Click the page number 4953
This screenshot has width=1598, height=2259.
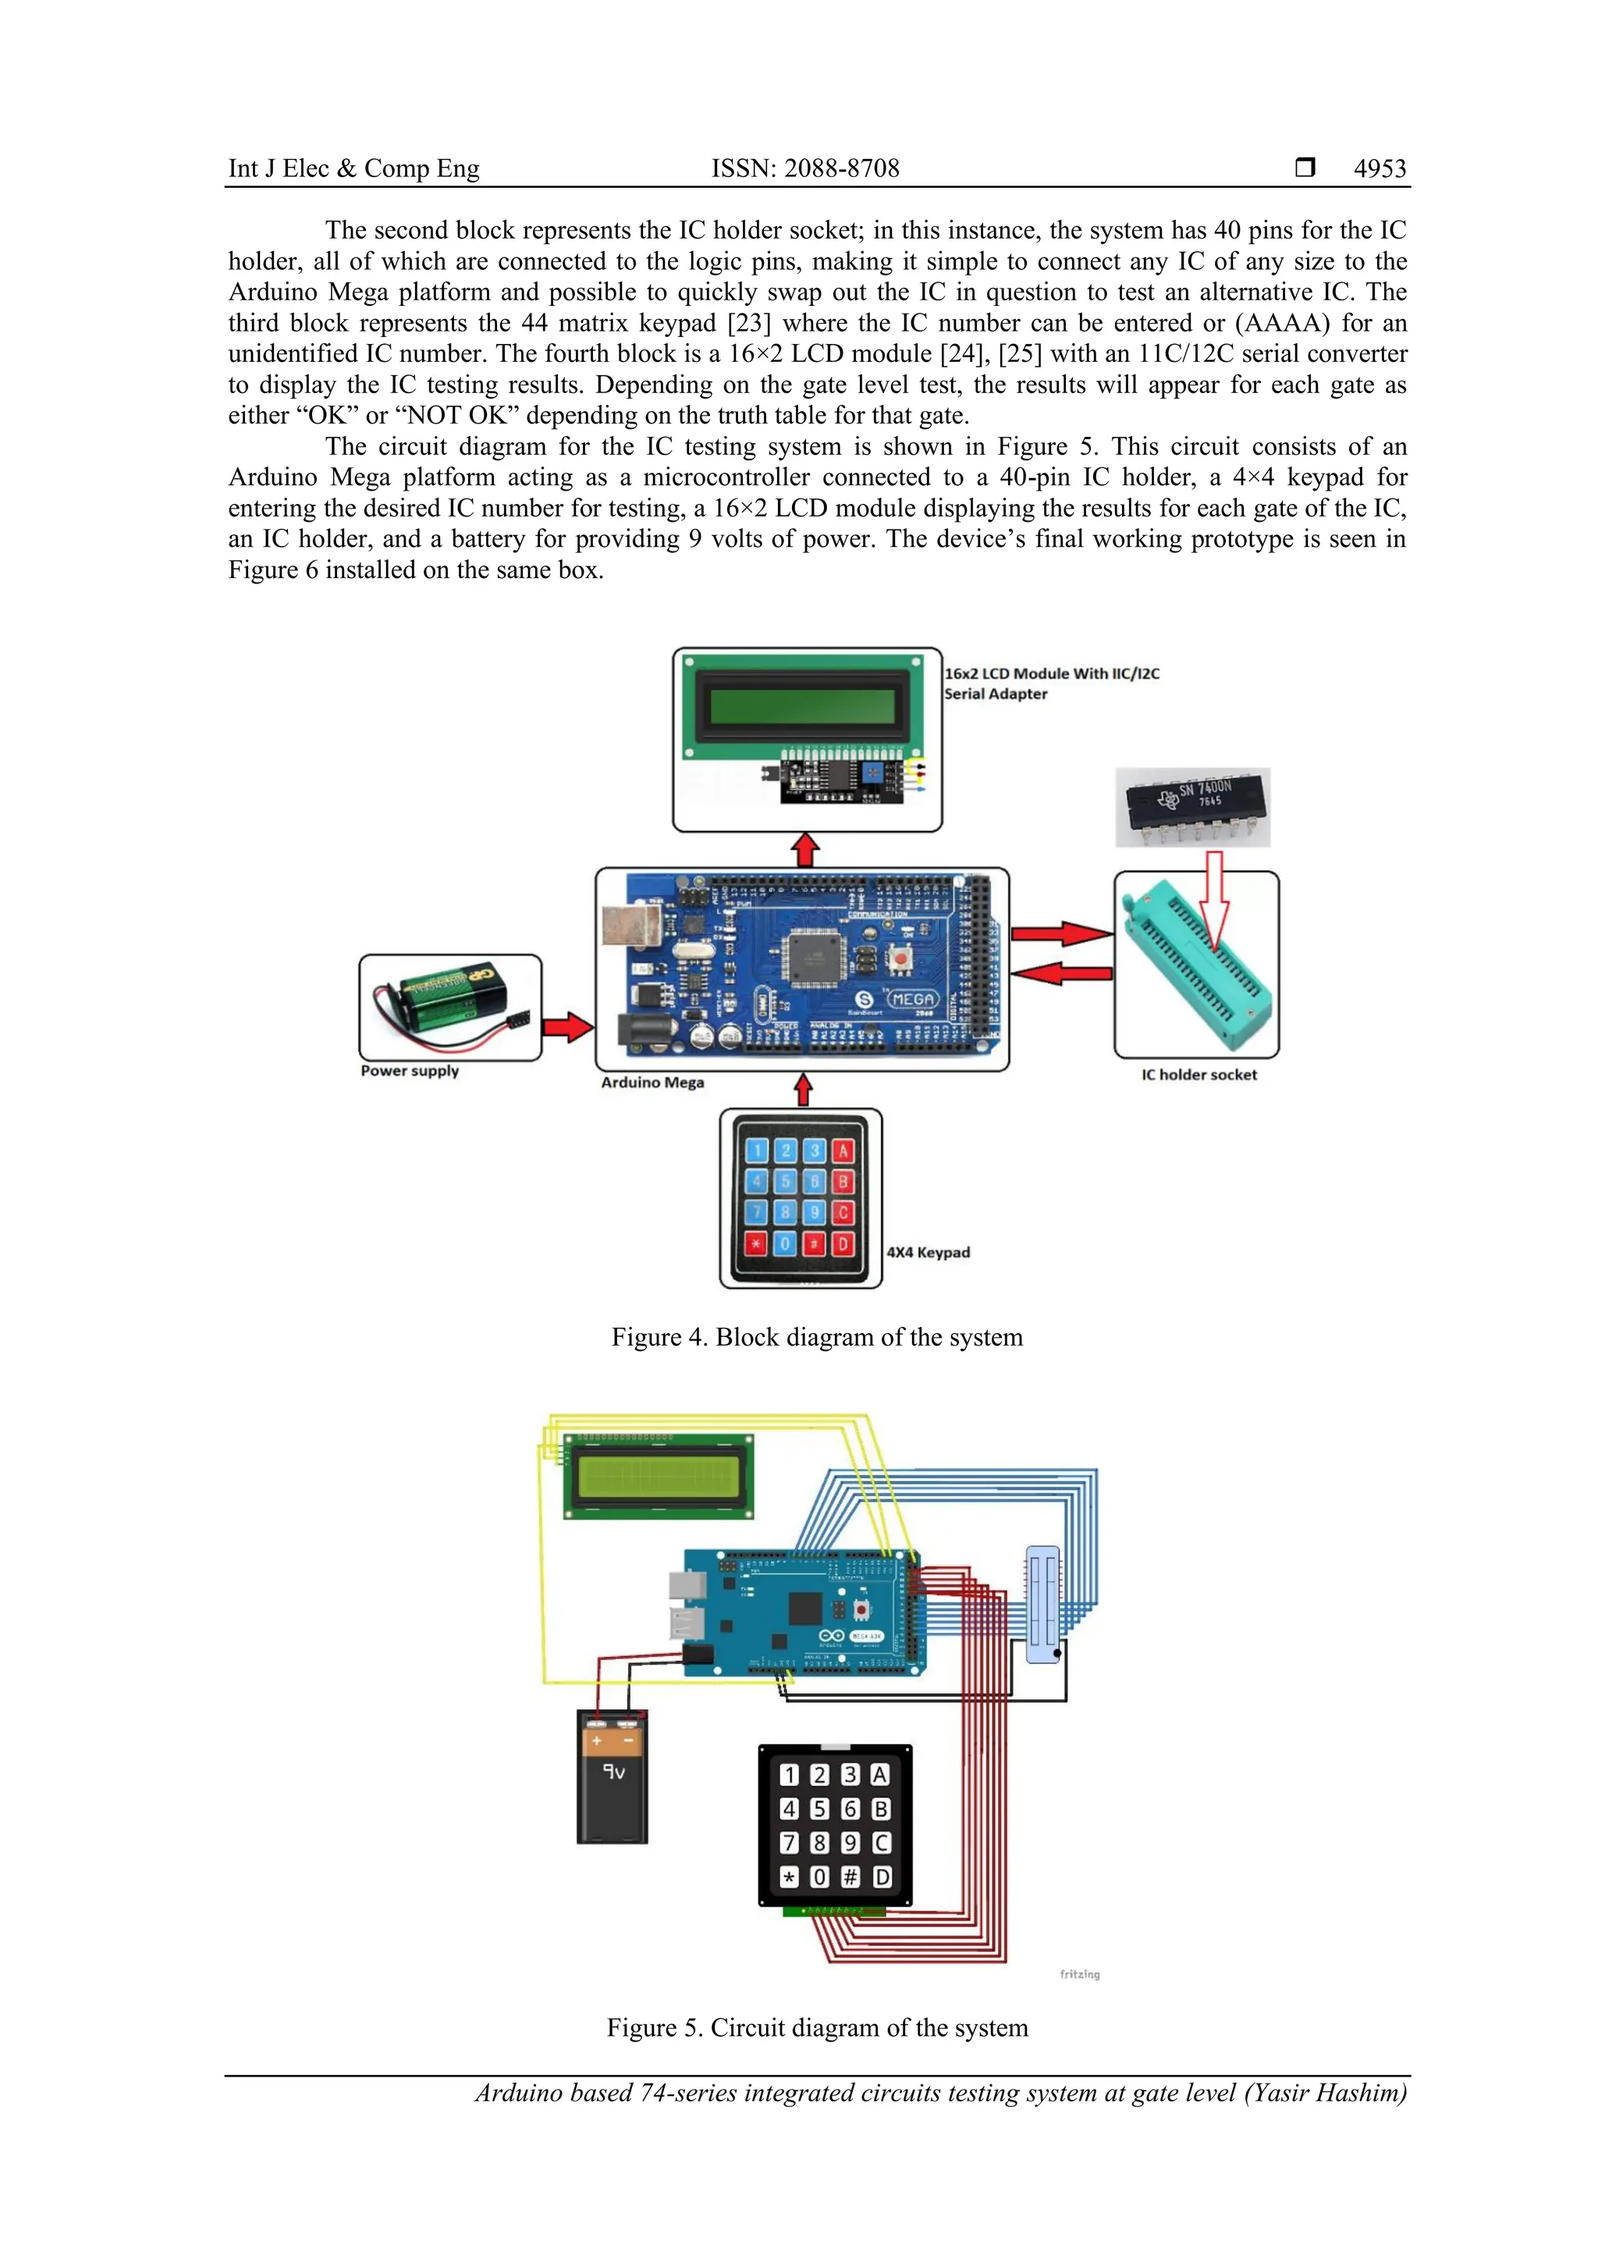(x=1380, y=168)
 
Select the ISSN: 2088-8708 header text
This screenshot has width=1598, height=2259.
(x=805, y=168)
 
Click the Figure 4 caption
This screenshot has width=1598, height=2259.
(x=817, y=1337)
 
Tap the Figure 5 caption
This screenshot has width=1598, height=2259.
(x=817, y=2028)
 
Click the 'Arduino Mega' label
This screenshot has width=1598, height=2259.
(x=652, y=1082)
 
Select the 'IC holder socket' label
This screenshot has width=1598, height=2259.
(x=1198, y=1074)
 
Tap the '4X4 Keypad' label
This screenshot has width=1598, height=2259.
(x=928, y=1253)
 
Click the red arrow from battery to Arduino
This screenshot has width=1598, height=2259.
(x=568, y=1028)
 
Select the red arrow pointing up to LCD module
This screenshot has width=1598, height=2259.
(x=806, y=850)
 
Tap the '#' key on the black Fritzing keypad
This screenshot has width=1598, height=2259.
(x=850, y=1878)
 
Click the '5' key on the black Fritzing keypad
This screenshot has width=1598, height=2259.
(x=819, y=1808)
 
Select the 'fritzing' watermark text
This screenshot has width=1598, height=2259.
(x=1079, y=1974)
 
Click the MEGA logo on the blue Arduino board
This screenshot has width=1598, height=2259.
(x=911, y=998)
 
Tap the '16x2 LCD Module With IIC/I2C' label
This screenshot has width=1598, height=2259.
(x=1052, y=674)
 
